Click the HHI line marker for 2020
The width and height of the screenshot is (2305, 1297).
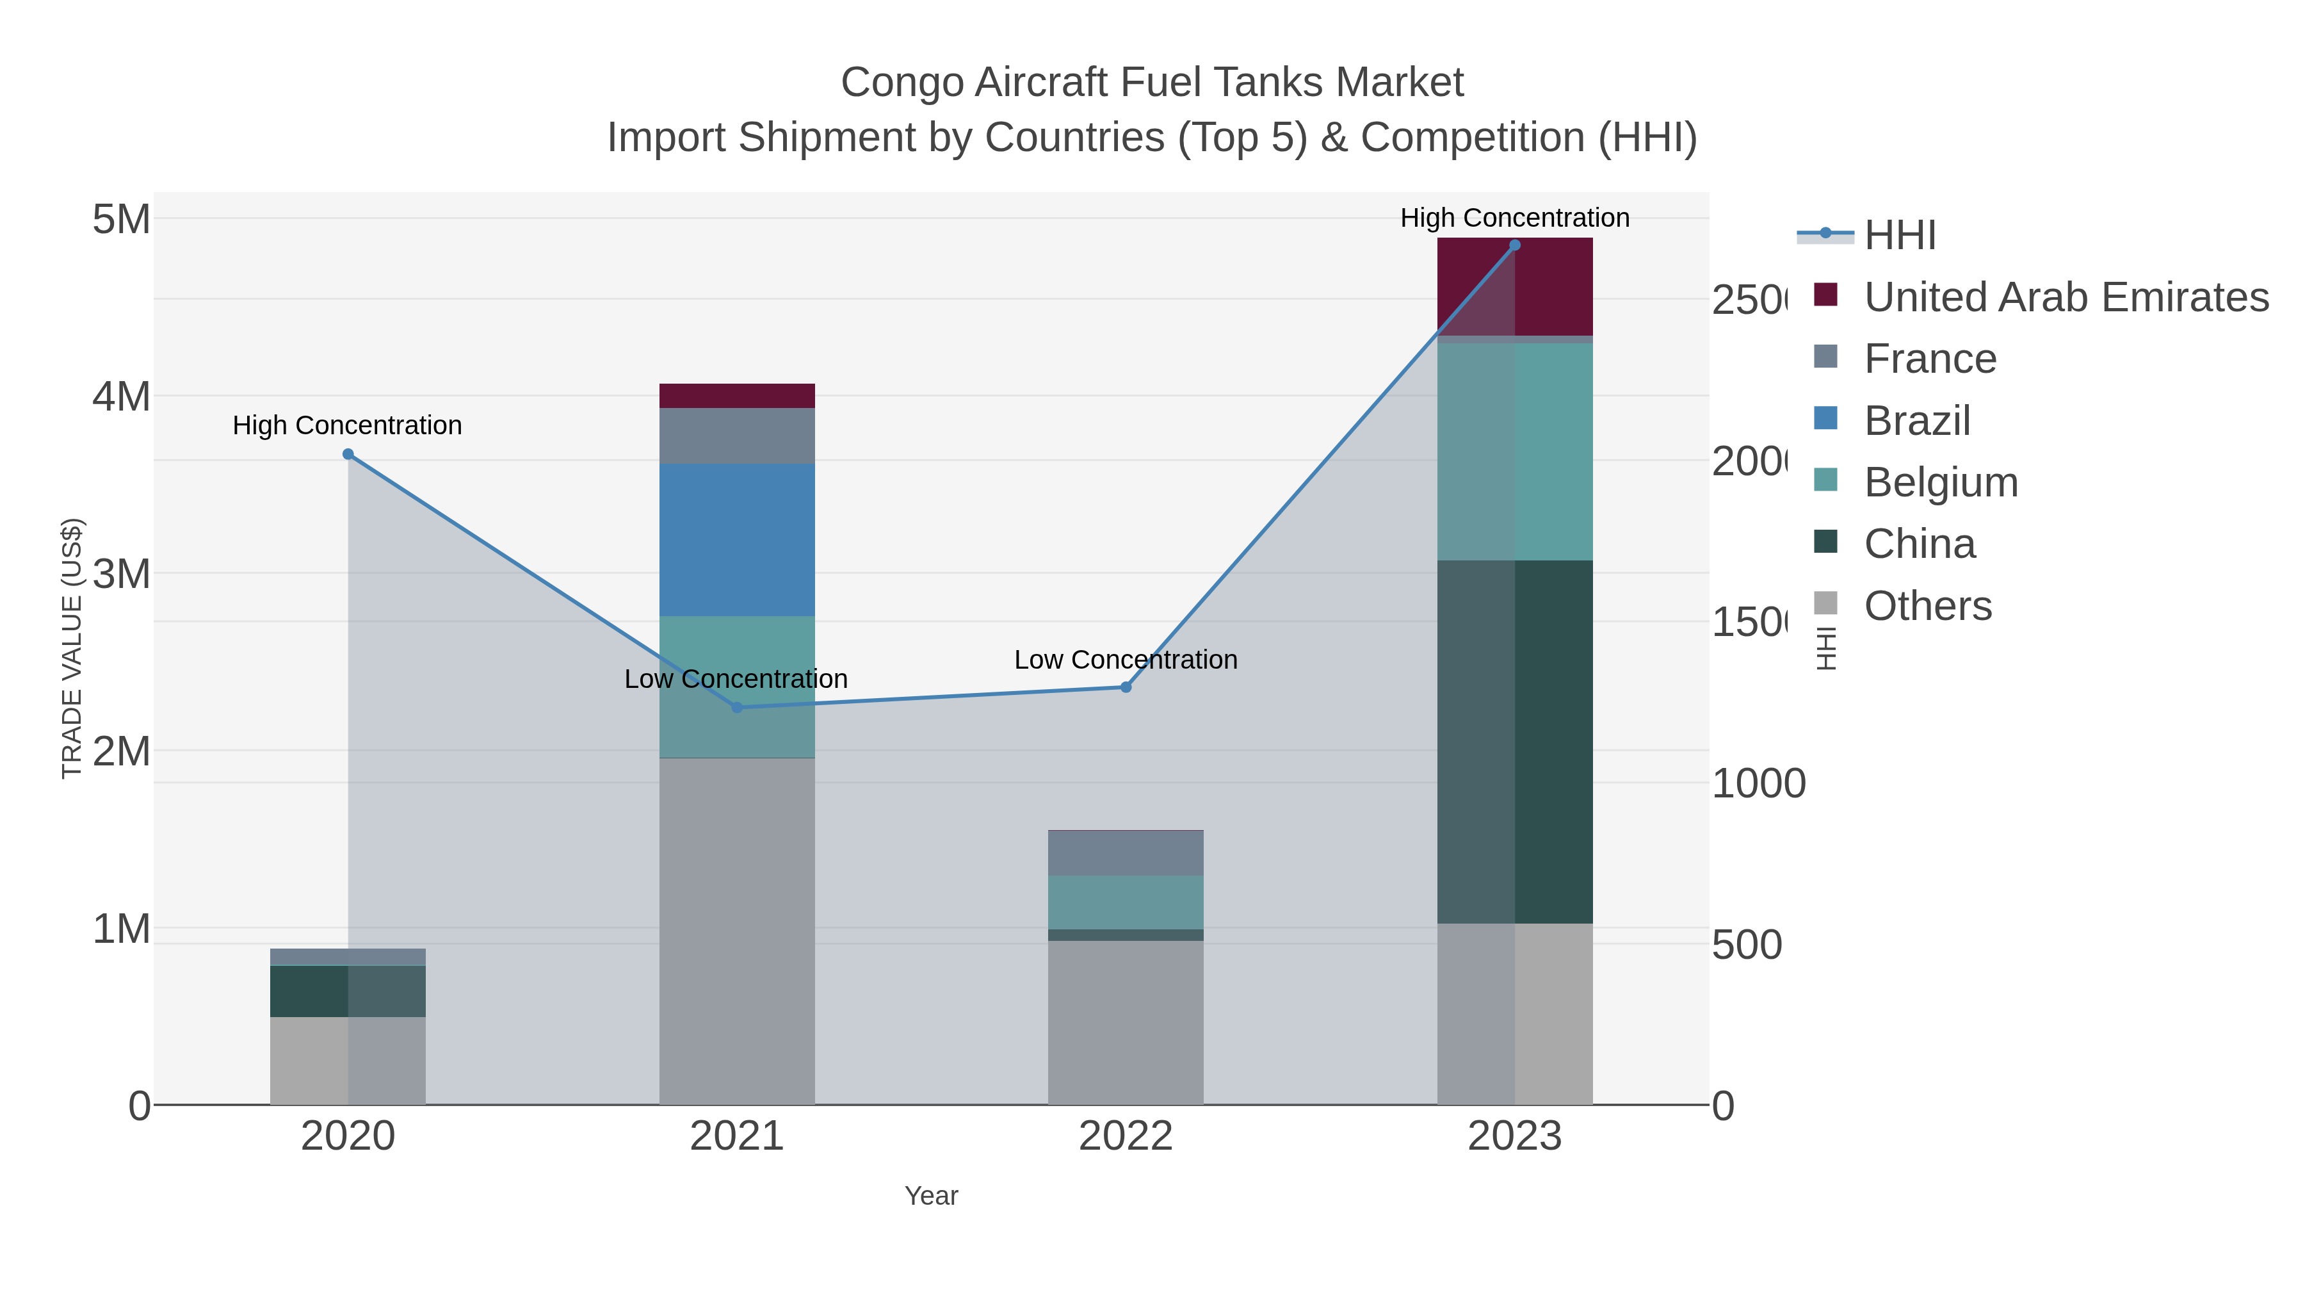click(x=348, y=455)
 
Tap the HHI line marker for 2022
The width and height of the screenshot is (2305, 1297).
click(x=1126, y=687)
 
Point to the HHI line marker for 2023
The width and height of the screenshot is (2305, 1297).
click(x=1515, y=245)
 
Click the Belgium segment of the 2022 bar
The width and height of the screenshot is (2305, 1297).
click(x=1126, y=902)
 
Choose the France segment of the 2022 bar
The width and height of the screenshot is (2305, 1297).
click(x=1126, y=853)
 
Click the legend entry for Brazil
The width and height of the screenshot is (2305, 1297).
click(x=1916, y=421)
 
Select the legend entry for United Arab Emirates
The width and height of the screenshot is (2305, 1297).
click(x=2065, y=297)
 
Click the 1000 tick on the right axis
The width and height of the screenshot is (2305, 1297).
click(x=1758, y=784)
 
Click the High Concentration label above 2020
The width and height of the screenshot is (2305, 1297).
click(x=347, y=425)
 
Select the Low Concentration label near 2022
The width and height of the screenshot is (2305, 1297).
click(x=1126, y=660)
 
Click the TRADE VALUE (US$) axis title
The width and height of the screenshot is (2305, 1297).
click(x=72, y=648)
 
